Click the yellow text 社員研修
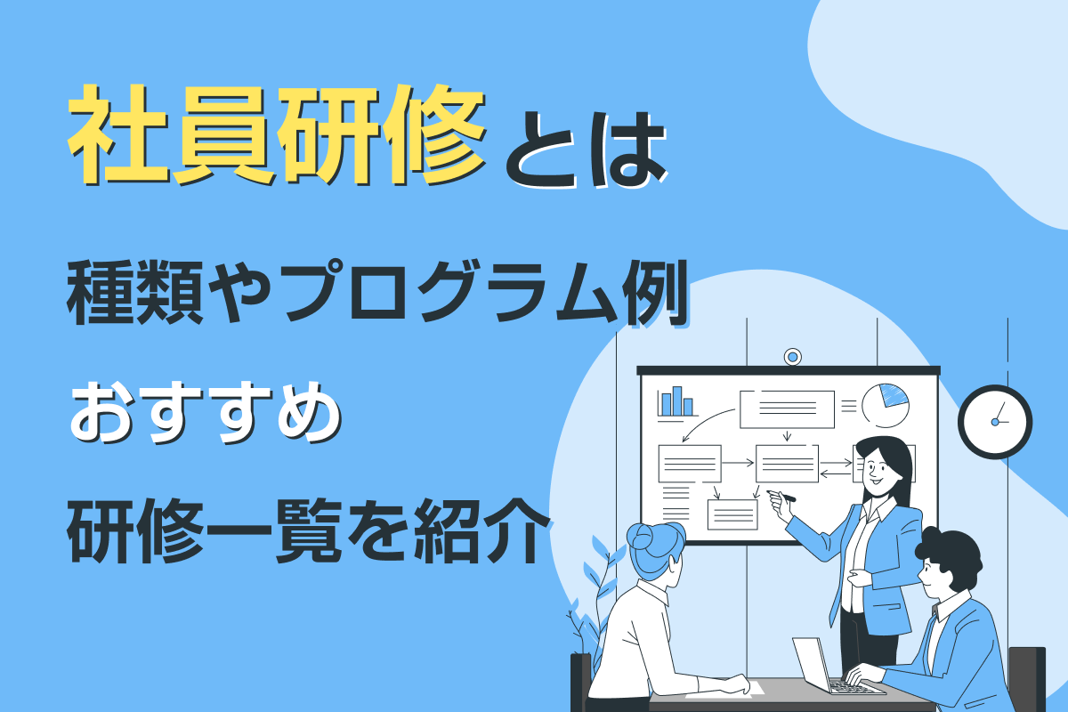click(277, 134)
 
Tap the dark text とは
click(586, 150)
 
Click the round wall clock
click(995, 422)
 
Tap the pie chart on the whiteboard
click(886, 405)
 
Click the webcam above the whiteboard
click(792, 357)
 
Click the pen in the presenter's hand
click(782, 496)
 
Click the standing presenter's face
click(877, 470)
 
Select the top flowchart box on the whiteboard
click(787, 409)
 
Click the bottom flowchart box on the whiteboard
click(732, 514)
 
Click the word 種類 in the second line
click(135, 294)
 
